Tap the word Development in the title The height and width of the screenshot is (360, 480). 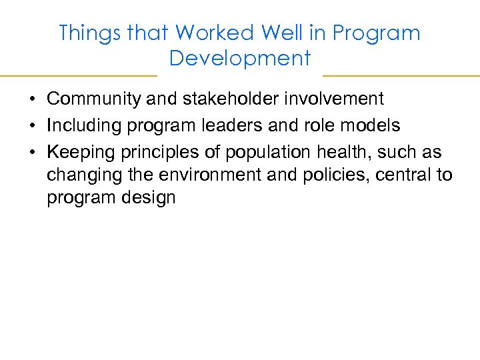pyautogui.click(x=240, y=59)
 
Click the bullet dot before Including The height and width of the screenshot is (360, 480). pyautogui.click(x=32, y=126)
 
